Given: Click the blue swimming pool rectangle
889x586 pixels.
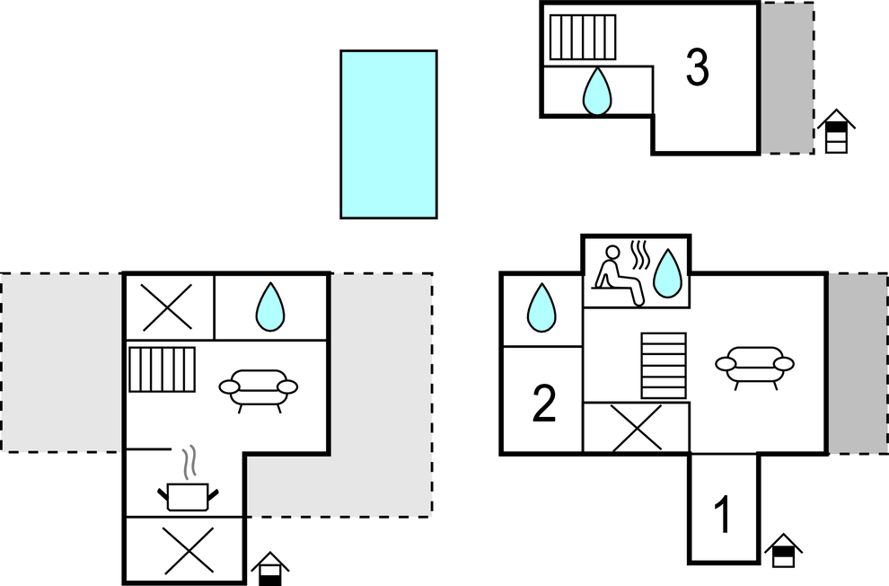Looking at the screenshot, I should tap(388, 134).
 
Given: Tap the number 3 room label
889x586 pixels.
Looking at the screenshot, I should tap(697, 67).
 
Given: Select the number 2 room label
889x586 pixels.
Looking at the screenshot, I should tap(544, 404).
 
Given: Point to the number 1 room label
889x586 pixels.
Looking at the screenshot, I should tap(722, 515).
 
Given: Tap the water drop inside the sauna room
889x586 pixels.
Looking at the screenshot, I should tap(666, 273).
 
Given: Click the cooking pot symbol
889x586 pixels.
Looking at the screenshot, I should tap(188, 494).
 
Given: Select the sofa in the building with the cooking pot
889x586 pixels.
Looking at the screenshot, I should tap(259, 389).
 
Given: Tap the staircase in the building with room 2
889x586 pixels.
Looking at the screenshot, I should tap(664, 365).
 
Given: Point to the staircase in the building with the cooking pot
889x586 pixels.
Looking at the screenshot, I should tap(162, 368).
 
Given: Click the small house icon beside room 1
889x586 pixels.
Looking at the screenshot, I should tap(783, 551).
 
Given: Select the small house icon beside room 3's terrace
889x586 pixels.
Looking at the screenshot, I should tap(836, 131).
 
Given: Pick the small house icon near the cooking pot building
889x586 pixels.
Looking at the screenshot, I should tap(270, 569).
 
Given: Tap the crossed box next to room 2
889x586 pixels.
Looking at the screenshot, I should tap(637, 427).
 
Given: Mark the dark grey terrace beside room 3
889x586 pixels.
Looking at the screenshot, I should tap(788, 77).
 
